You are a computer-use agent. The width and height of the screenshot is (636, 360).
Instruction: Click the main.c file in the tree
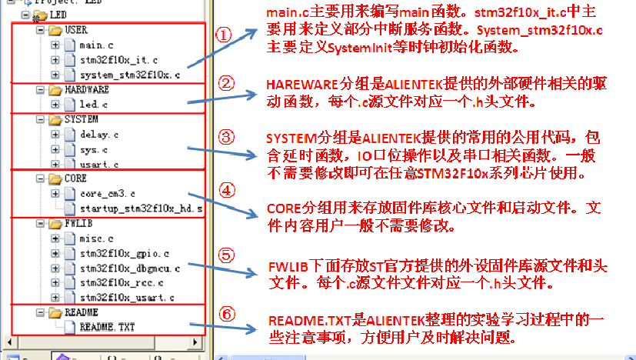click(97, 45)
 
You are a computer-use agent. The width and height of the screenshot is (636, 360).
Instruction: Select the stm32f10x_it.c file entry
click(118, 60)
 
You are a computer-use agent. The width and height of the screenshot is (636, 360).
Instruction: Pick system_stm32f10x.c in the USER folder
click(130, 75)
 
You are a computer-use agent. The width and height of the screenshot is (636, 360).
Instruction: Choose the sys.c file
click(94, 149)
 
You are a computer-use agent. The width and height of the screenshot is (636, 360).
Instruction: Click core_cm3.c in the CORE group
click(107, 194)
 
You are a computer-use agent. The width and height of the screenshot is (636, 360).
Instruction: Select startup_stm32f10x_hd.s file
click(142, 208)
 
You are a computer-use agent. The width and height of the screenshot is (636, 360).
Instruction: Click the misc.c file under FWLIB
click(97, 238)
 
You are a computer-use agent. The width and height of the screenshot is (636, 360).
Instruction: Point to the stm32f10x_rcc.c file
click(124, 282)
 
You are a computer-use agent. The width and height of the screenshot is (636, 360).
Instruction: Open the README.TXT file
click(107, 327)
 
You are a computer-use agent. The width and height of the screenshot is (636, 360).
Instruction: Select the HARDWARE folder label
click(87, 90)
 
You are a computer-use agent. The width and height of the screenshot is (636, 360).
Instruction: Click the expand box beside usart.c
click(55, 165)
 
